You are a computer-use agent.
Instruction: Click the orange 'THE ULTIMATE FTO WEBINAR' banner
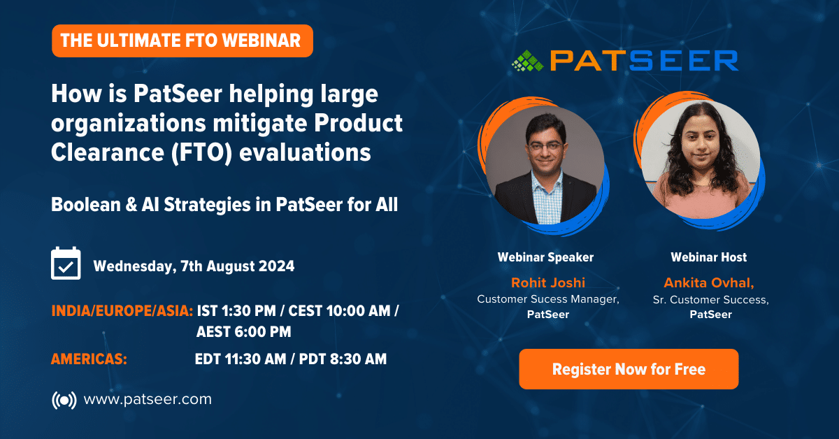(x=182, y=41)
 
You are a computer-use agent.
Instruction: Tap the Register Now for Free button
(x=629, y=369)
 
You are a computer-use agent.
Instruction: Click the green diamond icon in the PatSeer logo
(x=527, y=61)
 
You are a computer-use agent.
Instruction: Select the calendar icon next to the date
(x=66, y=263)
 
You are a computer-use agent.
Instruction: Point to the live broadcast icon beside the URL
(x=64, y=400)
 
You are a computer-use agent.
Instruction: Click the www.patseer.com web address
(x=148, y=399)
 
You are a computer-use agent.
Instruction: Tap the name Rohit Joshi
(x=548, y=283)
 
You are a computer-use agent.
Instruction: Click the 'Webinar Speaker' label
(x=545, y=257)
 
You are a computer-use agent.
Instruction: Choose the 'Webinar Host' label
(x=709, y=257)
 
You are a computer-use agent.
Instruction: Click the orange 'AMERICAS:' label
(x=89, y=359)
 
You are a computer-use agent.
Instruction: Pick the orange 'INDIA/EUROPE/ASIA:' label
(x=122, y=311)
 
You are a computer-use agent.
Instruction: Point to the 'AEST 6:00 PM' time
(x=243, y=332)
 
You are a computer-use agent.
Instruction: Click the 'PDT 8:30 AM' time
(x=343, y=359)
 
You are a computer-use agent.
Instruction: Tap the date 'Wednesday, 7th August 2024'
(x=194, y=266)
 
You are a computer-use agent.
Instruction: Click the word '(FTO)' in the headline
(x=202, y=153)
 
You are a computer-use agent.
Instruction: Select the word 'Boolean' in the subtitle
(x=86, y=205)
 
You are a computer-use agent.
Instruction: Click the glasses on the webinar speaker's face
(x=545, y=145)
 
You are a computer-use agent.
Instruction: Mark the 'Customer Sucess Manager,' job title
(x=548, y=299)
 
